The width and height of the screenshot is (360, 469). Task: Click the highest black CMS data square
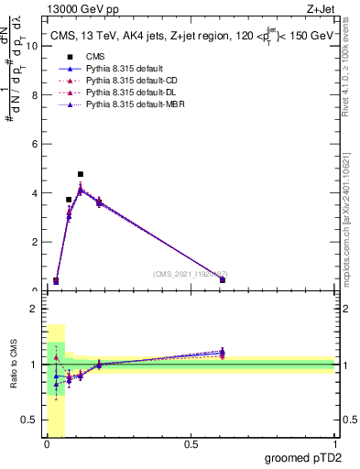pos(81,174)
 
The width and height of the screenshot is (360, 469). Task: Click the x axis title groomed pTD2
pos(304,458)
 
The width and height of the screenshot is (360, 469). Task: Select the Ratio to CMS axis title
pos(13,365)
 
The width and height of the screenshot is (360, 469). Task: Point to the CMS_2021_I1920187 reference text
pos(190,274)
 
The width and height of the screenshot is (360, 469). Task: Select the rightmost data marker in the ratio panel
pos(223,351)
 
